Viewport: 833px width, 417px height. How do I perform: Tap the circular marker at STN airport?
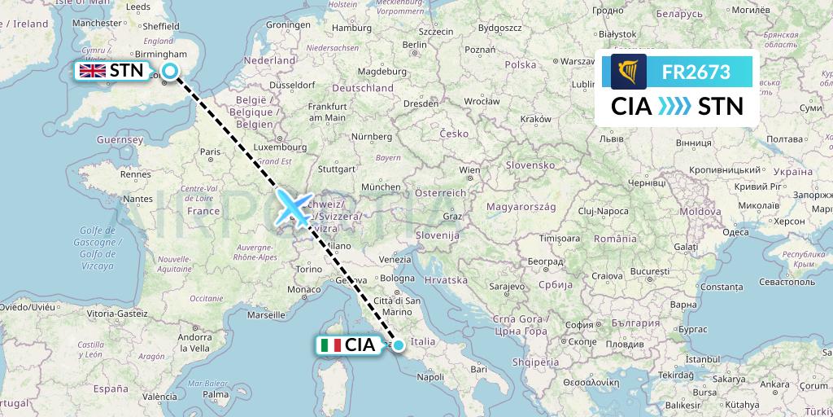click(x=170, y=71)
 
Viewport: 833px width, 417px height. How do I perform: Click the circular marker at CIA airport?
click(x=399, y=345)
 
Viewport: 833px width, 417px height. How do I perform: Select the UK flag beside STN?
click(x=92, y=71)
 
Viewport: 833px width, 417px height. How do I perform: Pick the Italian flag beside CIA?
click(x=331, y=345)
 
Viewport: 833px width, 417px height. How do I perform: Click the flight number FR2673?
click(x=696, y=72)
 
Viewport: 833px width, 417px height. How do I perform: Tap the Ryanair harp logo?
click(x=629, y=72)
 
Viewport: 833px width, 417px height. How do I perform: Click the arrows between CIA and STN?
click(x=674, y=107)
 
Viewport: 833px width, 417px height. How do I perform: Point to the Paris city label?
click(x=212, y=151)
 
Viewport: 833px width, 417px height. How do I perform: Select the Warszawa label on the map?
click(x=577, y=61)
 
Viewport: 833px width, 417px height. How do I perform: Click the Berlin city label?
click(x=415, y=45)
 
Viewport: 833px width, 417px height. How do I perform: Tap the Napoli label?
click(x=430, y=377)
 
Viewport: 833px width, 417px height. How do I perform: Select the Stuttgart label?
click(x=338, y=170)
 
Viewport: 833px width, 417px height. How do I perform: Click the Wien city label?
click(x=469, y=170)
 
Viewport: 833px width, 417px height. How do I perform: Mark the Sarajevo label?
click(x=506, y=288)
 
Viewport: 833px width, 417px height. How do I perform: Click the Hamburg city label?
click(x=351, y=28)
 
